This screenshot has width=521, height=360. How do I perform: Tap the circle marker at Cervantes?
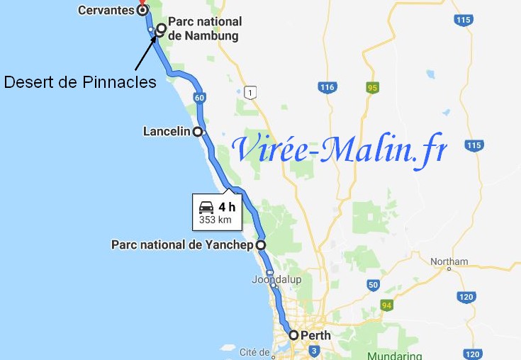point(142,11)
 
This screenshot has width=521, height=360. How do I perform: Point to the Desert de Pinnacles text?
point(80,82)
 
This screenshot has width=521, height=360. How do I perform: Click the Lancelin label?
point(167,132)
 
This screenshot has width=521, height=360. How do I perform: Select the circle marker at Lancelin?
point(198,132)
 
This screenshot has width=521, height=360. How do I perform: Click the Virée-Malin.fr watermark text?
point(340,149)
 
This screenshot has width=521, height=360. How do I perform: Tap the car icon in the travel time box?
point(206,208)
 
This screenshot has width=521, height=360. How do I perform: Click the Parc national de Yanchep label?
point(182,244)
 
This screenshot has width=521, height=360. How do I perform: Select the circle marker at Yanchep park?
point(261,244)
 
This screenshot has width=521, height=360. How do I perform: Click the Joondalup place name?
point(276,280)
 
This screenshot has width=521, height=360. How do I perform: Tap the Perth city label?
point(315,335)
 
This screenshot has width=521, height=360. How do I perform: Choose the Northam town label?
point(449,261)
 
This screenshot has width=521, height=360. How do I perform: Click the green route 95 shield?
point(371,88)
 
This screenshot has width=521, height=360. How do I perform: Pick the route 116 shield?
point(326,87)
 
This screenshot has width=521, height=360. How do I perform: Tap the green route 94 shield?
point(387,305)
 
